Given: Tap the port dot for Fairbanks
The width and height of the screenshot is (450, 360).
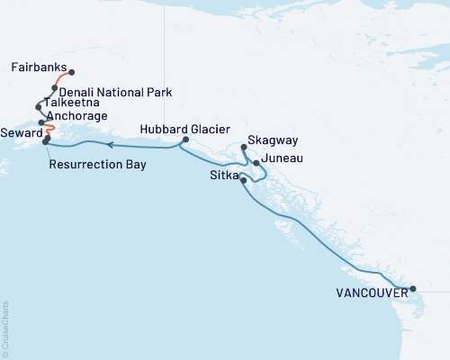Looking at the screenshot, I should click(x=71, y=73).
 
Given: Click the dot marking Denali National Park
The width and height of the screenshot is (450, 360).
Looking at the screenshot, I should click(x=55, y=88).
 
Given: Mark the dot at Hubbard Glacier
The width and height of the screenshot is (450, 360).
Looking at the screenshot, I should click(x=184, y=140).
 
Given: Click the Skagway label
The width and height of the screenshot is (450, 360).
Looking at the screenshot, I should click(x=268, y=142).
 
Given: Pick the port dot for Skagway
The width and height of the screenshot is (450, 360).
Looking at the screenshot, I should click(x=245, y=147).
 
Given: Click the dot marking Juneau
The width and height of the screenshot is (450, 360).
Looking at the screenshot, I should click(x=256, y=163).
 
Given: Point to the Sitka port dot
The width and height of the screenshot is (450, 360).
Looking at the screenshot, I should click(x=244, y=181).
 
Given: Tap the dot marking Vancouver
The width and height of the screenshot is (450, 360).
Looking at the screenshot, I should click(x=413, y=289).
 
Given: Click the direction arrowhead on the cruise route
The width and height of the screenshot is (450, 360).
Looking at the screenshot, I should click(x=107, y=144).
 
